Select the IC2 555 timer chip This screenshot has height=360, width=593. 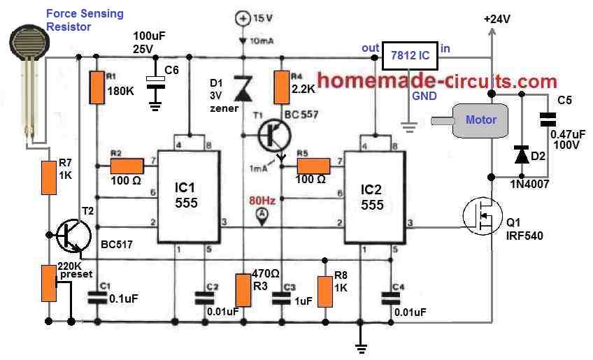375,196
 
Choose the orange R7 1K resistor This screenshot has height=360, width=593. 48,177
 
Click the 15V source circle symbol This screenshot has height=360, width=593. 243,17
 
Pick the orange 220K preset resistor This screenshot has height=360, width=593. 48,283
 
